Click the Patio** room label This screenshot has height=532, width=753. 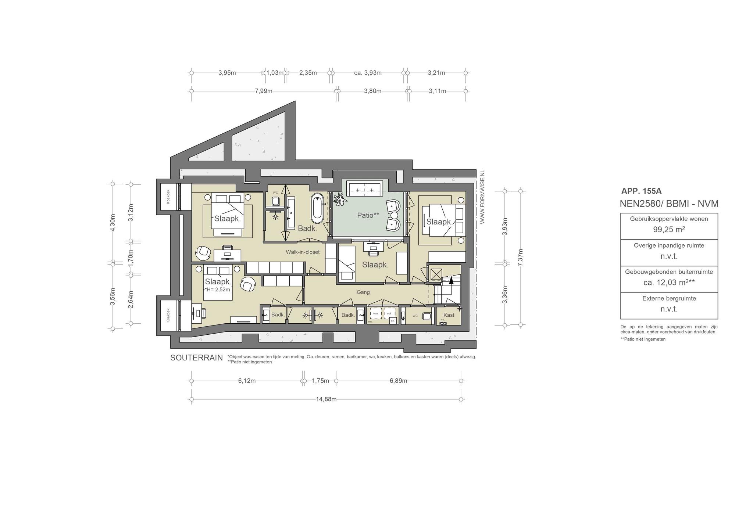pyautogui.click(x=368, y=215)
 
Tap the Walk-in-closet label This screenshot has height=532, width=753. pyautogui.click(x=303, y=252)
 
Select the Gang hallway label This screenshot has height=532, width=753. pyautogui.click(x=363, y=292)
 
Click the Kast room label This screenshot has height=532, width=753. pyautogui.click(x=449, y=315)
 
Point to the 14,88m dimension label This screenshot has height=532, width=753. pyautogui.click(x=326, y=399)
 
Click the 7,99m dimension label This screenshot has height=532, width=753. pyautogui.click(x=264, y=91)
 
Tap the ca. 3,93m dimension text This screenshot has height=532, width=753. pyautogui.click(x=368, y=73)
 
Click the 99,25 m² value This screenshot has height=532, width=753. pyautogui.click(x=669, y=230)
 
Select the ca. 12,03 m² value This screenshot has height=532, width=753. pyautogui.click(x=669, y=283)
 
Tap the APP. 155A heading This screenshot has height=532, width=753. pyautogui.click(x=641, y=191)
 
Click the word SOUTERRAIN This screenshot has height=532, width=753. pyautogui.click(x=196, y=358)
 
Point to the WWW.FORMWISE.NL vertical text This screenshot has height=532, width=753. pyautogui.click(x=483, y=197)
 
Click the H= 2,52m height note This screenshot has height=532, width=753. pyautogui.click(x=218, y=290)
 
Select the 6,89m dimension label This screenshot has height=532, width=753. pyautogui.click(x=398, y=381)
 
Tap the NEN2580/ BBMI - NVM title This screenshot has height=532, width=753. pyautogui.click(x=669, y=204)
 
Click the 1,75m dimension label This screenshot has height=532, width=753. pyautogui.click(x=320, y=381)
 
